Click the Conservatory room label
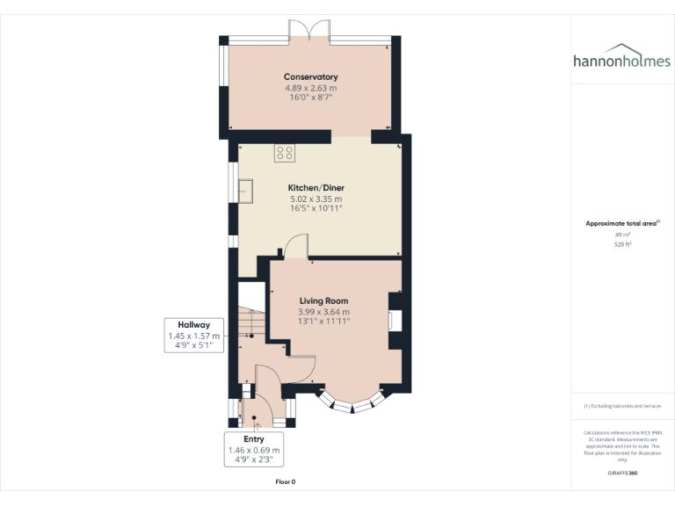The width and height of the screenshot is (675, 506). point(310,77)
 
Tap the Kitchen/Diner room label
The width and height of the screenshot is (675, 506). point(316,188)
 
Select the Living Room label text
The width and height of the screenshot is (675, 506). point(323,300)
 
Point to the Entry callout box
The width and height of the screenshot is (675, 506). point(253,450)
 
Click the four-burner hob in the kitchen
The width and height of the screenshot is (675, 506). point(285,153)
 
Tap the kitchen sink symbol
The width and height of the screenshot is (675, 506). point(245,190)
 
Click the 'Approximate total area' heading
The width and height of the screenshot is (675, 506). point(621,224)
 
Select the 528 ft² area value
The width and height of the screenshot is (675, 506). point(622,245)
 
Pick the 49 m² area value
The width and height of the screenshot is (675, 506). point(622,235)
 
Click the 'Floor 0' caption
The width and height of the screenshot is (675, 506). point(286,481)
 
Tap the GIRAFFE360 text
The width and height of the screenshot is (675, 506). point(622,473)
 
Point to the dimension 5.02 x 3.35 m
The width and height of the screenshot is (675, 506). point(316,199)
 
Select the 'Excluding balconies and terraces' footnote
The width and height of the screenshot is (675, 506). point(622,406)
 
